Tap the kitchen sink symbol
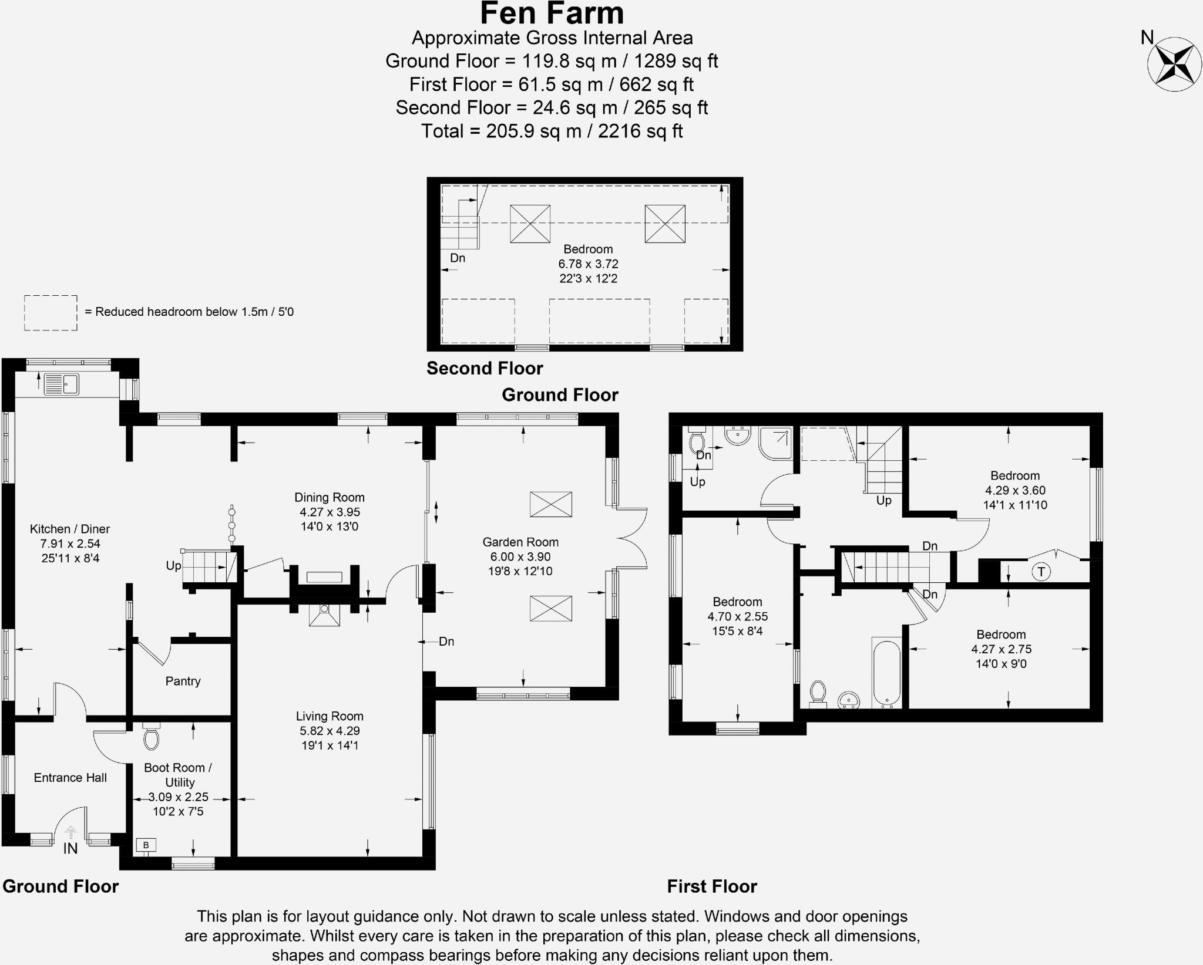click(x=62, y=384)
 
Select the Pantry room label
click(x=183, y=681)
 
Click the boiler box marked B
click(x=146, y=845)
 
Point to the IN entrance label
click(x=70, y=848)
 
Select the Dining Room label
click(x=330, y=497)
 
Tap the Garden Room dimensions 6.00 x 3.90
click(x=520, y=556)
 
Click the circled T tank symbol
click(x=1041, y=571)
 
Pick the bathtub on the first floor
click(x=886, y=673)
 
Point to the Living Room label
click(x=330, y=716)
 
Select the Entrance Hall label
click(x=70, y=778)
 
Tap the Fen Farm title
click(x=552, y=13)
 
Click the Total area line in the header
click(x=552, y=131)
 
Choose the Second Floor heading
click(x=485, y=368)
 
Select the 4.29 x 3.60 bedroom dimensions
click(x=1015, y=490)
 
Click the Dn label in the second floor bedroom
click(x=458, y=258)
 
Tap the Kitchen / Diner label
click(x=70, y=529)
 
